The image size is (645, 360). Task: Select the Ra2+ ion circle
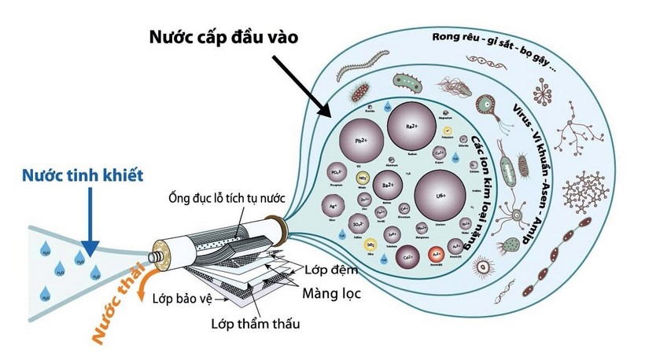410,127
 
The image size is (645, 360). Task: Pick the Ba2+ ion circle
387,186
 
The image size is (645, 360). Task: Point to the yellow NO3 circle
363,179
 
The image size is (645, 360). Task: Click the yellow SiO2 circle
370,244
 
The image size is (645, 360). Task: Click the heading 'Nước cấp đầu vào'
222,37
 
